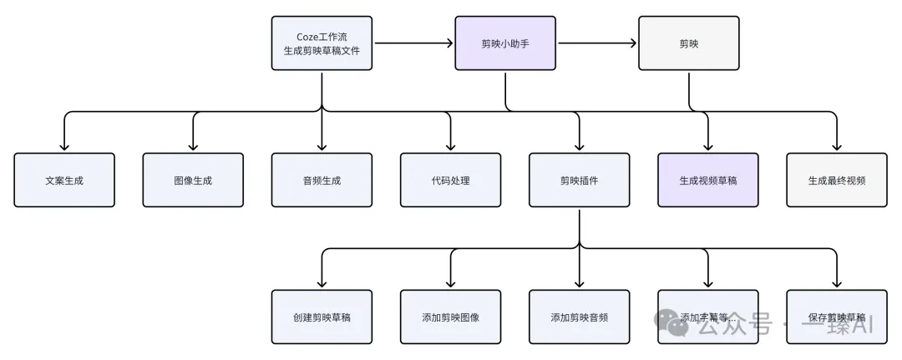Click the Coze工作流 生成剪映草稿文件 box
tap(322, 43)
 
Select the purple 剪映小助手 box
tap(505, 43)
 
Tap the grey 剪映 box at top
tap(688, 43)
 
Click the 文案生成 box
tap(64, 180)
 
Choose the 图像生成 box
tap(193, 180)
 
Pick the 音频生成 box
tap(322, 180)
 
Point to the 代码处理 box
tap(450, 180)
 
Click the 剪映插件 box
tap(579, 180)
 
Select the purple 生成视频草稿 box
tap(707, 180)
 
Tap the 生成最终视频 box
tap(836, 180)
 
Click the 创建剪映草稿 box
tap(322, 317)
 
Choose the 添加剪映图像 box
tap(450, 317)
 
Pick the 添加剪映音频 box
tap(579, 317)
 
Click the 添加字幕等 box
tap(707, 317)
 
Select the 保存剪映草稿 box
tap(836, 317)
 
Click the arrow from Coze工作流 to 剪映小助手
tap(413, 43)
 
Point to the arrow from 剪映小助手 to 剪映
tap(596, 43)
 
